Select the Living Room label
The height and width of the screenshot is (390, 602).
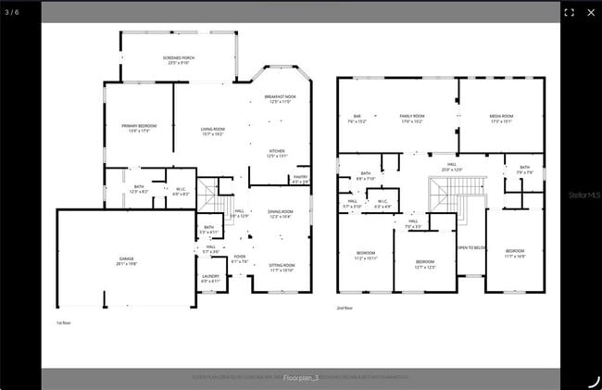point(213,131)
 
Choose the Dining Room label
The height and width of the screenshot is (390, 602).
point(280,213)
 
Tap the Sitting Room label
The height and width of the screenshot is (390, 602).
point(282,267)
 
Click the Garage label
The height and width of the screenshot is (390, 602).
point(126,260)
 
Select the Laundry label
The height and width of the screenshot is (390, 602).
point(210,278)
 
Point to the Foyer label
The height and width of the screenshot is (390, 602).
point(240,258)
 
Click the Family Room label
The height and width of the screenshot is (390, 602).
point(411,119)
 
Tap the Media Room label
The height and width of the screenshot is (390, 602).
point(501,119)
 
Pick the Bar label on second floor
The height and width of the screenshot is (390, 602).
point(357,119)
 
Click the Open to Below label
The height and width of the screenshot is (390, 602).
point(471,247)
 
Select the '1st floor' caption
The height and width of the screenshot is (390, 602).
point(64,322)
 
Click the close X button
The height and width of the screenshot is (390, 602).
point(591,12)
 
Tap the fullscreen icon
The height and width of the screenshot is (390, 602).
point(569,12)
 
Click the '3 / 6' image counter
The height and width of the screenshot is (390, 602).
point(11,12)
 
